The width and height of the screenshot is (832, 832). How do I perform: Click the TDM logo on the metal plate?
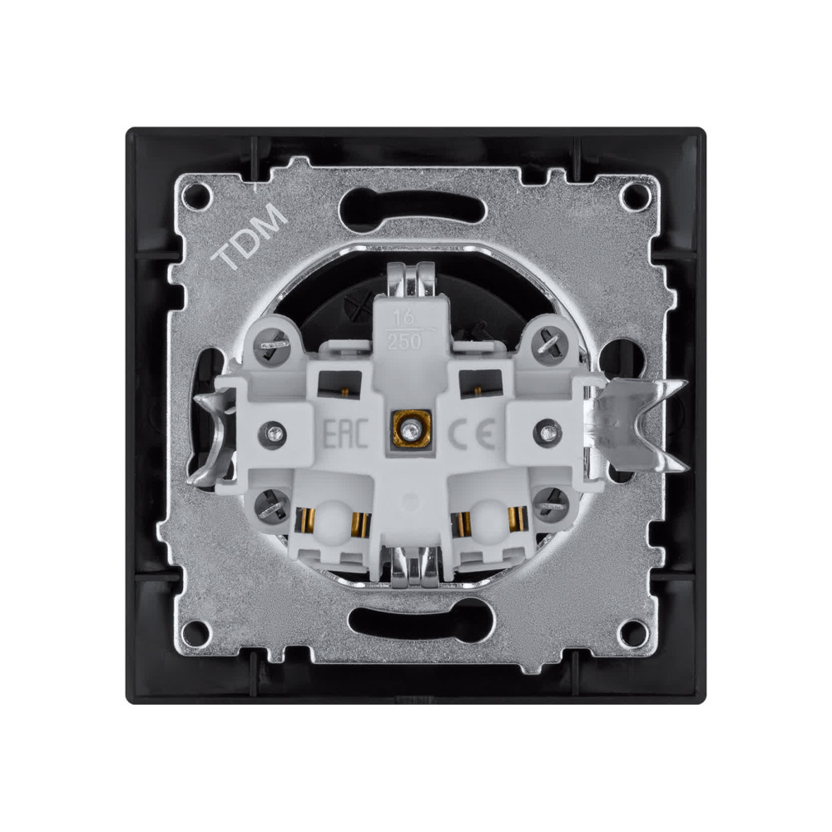(x=249, y=236)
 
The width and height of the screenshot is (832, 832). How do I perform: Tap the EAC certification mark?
(x=345, y=433)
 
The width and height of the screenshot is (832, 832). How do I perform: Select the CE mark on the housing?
(x=473, y=433)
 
